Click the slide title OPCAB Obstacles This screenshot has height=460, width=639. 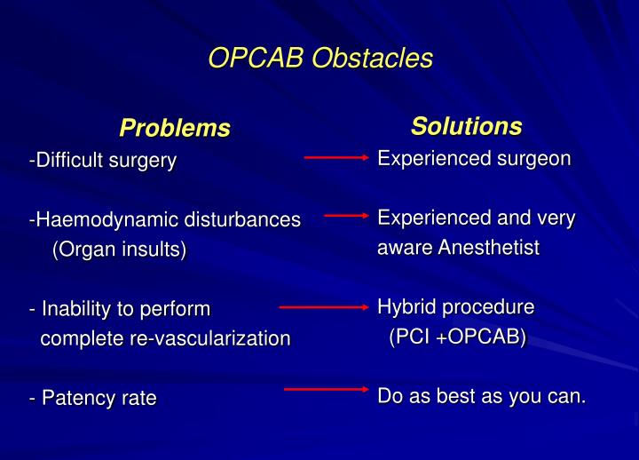pyautogui.click(x=319, y=58)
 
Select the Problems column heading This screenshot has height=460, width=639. pyautogui.click(x=175, y=128)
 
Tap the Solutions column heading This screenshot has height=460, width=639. pyautogui.click(x=466, y=126)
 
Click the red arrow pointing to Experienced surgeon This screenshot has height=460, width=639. pyautogui.click(x=336, y=157)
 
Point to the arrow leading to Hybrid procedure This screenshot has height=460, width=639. pyautogui.click(x=323, y=306)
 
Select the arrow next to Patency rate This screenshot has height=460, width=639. pyautogui.click(x=326, y=388)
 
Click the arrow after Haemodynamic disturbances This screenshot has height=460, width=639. pyautogui.click(x=346, y=214)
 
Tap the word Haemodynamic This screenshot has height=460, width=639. pyautogui.click(x=96, y=219)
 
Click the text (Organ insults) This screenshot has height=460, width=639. pyautogui.click(x=119, y=250)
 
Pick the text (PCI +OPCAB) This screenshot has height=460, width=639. pyautogui.click(x=457, y=337)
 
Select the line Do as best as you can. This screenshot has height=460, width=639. pyautogui.click(x=482, y=396)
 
